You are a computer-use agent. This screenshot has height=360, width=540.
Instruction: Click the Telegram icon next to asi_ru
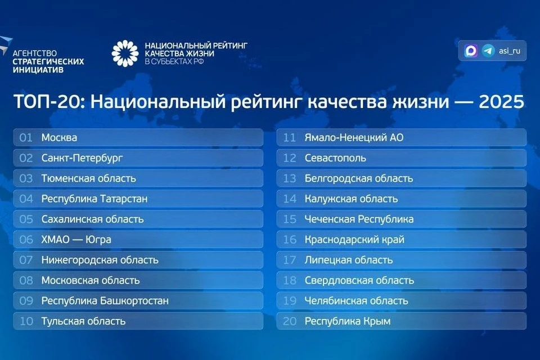pyautogui.click(x=488, y=51)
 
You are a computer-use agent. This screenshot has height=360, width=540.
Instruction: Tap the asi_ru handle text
pyautogui.click(x=510, y=51)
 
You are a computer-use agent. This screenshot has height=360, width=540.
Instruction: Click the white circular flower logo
pyautogui.click(x=125, y=53)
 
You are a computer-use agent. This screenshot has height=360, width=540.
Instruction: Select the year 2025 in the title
pyautogui.click(x=501, y=102)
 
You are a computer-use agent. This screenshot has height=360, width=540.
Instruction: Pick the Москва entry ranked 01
pyautogui.click(x=59, y=137)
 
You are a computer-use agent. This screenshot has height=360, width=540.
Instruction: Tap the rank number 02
pyautogui.click(x=26, y=158)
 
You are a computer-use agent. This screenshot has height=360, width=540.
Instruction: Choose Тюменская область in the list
pyautogui.click(x=88, y=178)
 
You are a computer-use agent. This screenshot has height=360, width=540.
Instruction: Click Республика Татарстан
pyautogui.click(x=94, y=199)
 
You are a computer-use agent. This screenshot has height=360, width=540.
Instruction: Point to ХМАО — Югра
pyautogui.click(x=76, y=240)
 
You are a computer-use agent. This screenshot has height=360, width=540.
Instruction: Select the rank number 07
pyautogui.click(x=26, y=260)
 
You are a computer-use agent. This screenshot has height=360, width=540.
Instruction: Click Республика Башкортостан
pyautogui.click(x=105, y=301)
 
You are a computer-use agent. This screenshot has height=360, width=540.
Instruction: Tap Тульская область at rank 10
pyautogui.click(x=83, y=321)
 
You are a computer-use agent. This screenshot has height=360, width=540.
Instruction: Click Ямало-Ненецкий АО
pyautogui.click(x=354, y=137)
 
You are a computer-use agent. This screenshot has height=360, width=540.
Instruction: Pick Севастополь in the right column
pyautogui.click(x=335, y=158)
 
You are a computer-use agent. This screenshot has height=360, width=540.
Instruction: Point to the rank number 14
pyautogui.click(x=290, y=199)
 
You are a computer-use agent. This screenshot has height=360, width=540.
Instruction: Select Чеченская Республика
pyautogui.click(x=359, y=219)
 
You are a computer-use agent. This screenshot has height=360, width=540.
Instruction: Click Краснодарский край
pyautogui.click(x=354, y=240)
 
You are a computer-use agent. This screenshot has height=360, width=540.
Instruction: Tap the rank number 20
pyautogui.click(x=290, y=321)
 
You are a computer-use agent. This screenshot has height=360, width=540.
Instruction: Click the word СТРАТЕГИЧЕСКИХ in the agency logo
pyautogui.click(x=48, y=61)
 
